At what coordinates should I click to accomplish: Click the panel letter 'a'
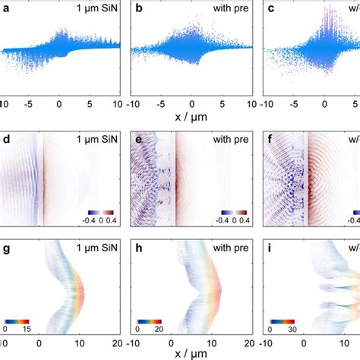(6, 8)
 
